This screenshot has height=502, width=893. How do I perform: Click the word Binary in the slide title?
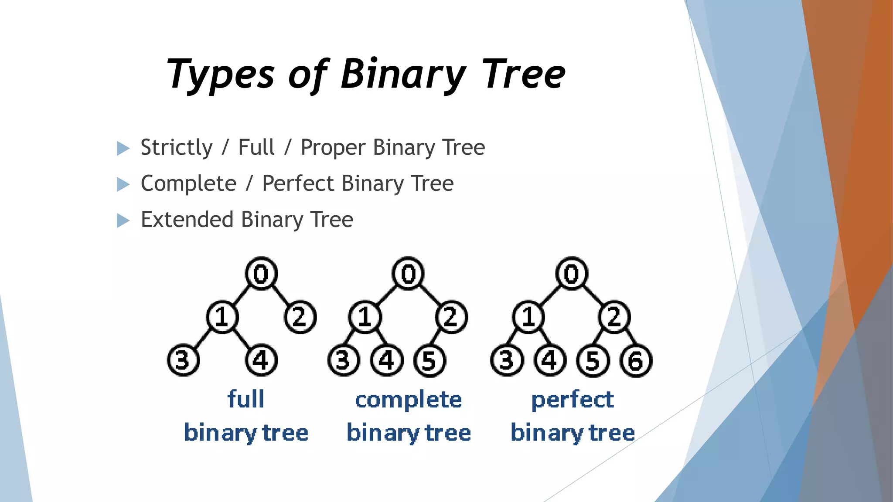(x=403, y=74)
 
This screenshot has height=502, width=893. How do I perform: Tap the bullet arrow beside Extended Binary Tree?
(x=123, y=220)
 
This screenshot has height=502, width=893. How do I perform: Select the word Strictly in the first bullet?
(x=177, y=147)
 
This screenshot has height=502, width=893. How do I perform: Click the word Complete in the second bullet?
(x=188, y=183)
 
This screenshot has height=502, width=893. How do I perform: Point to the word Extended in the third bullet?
(x=187, y=219)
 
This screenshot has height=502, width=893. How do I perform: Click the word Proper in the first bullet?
(x=333, y=148)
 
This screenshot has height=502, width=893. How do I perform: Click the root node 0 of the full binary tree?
(x=261, y=274)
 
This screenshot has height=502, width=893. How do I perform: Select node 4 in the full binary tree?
(x=261, y=360)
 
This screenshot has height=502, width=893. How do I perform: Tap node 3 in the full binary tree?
(x=183, y=360)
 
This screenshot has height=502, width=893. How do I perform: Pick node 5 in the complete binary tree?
(x=429, y=361)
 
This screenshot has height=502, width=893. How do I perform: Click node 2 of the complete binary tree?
(x=451, y=317)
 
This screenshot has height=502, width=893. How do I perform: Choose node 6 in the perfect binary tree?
(x=636, y=361)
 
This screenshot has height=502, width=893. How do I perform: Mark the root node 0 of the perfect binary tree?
(x=572, y=274)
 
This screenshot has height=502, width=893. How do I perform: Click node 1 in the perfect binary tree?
(x=528, y=317)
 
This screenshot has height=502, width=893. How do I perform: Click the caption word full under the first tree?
(x=246, y=399)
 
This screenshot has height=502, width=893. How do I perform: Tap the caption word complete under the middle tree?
(x=409, y=400)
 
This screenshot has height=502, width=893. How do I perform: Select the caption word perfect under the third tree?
(x=573, y=400)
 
